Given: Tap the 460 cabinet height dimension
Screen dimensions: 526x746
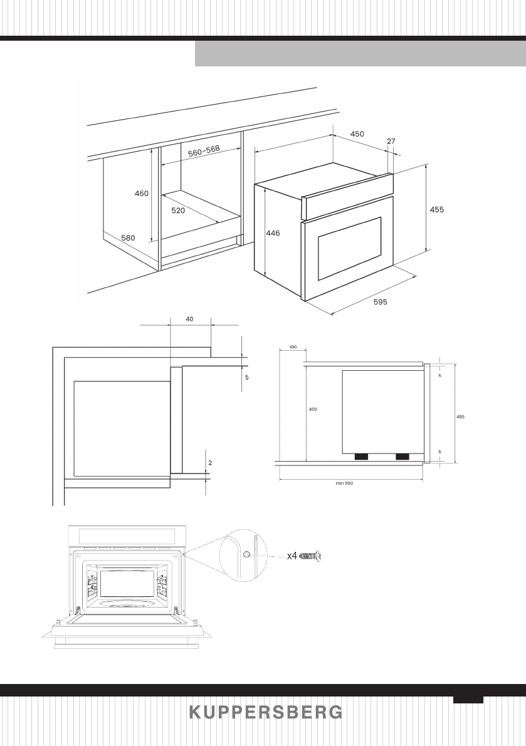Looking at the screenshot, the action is point(142,194).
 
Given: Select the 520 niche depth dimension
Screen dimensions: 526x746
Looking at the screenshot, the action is point(178,211).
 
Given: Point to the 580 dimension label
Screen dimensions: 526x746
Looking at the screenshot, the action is point(129,237).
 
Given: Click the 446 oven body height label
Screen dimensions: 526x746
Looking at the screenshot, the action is point(273,233).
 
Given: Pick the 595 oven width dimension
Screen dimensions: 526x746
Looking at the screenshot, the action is point(380,302).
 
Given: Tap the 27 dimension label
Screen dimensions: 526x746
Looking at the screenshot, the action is point(391,142).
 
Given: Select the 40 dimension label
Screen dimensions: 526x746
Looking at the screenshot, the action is point(190,319).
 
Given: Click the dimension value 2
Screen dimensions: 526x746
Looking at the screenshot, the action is point(210,463).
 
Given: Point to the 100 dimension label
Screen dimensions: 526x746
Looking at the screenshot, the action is point(292,346).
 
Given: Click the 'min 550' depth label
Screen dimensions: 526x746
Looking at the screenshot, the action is point(345,483).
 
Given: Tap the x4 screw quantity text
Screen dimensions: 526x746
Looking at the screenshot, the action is point(292,556).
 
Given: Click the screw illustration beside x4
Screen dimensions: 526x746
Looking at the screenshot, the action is point(311,556).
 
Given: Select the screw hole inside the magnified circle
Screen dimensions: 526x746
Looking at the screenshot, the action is point(246,554).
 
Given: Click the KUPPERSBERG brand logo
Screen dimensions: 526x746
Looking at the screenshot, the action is point(266,712).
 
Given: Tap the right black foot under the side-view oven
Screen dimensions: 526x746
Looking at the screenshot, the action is point(402,457).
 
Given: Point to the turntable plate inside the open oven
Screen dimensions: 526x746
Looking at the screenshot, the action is point(128,603).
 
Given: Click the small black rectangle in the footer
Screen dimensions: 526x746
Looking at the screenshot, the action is point(468,700).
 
